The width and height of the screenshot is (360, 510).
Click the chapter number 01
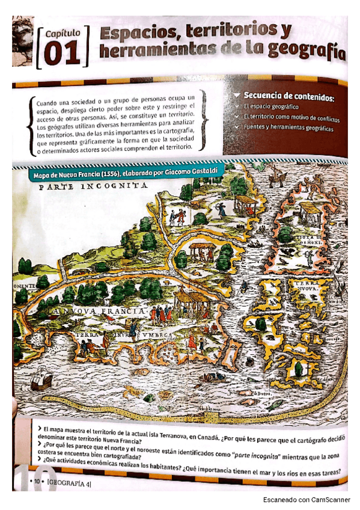click(61, 54)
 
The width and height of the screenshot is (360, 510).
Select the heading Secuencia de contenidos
click(288, 96)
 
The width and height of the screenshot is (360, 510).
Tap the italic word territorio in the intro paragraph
click(179, 114)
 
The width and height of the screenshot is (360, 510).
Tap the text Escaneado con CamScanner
click(310, 500)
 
